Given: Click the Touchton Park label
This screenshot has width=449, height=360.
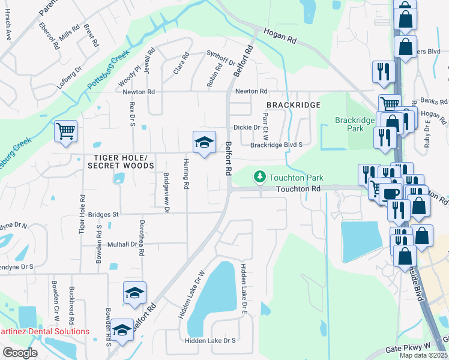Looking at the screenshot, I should pyautogui.click(x=297, y=178).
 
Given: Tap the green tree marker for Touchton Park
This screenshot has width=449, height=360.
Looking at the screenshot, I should pyautogui.click(x=259, y=177).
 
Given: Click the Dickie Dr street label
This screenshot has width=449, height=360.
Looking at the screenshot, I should pyautogui.click(x=247, y=127).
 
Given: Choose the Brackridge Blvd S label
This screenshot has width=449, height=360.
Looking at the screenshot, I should pyautogui.click(x=276, y=145).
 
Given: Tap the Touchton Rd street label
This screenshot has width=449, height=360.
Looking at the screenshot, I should pyautogui.click(x=298, y=189).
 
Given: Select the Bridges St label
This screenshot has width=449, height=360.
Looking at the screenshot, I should pyautogui.click(x=104, y=214).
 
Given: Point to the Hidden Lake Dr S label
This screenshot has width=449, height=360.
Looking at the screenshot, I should pyautogui.click(x=210, y=341).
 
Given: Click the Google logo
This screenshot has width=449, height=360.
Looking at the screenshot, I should pyautogui.click(x=20, y=353).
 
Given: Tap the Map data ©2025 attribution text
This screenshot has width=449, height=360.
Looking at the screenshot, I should pyautogui.click(x=423, y=355).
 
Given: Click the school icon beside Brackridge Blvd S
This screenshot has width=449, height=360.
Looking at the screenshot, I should pyautogui.click(x=204, y=143).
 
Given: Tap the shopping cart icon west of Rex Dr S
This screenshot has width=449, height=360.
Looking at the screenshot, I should pyautogui.click(x=65, y=130).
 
